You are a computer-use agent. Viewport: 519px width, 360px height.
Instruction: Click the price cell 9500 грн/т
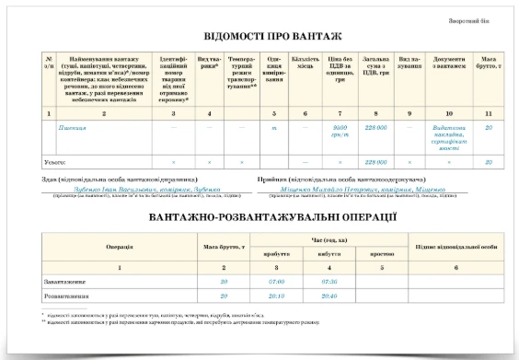(x=339, y=131)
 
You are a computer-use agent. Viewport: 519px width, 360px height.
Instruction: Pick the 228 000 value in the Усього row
(x=375, y=161)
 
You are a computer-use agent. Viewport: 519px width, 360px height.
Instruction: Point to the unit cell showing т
(x=274, y=128)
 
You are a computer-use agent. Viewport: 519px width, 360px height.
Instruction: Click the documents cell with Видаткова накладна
(x=448, y=134)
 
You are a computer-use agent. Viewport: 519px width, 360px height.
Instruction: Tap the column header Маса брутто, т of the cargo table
(x=490, y=64)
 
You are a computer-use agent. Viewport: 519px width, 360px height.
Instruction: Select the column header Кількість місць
(x=305, y=69)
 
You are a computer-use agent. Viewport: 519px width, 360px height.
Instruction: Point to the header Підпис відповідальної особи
(x=449, y=246)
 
